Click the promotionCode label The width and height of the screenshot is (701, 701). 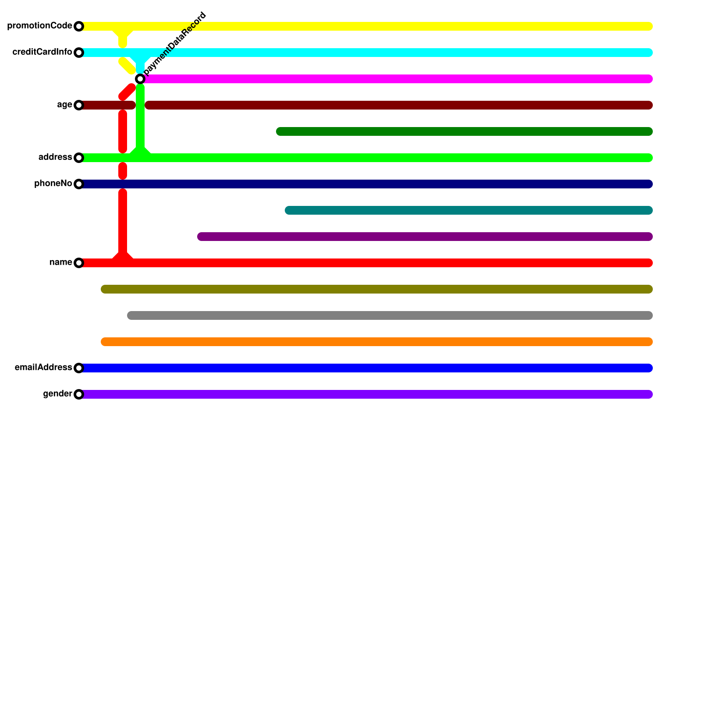(39, 26)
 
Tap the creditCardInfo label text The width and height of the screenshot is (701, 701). (42, 52)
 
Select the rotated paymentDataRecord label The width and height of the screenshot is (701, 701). (175, 43)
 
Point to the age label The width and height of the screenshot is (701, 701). (64, 105)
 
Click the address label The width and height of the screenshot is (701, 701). (55, 157)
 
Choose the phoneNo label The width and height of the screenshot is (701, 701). (53, 184)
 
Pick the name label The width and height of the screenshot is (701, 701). (60, 262)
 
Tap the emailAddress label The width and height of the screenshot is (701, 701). (43, 368)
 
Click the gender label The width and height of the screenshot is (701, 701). (57, 394)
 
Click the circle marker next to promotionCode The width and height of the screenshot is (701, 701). (79, 26)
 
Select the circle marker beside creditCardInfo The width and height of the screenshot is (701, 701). (79, 53)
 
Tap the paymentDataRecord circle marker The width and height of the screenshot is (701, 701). (140, 79)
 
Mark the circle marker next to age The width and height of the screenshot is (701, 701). (79, 105)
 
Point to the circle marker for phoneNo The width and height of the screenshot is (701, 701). (79, 184)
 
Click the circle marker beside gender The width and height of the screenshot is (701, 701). (79, 394)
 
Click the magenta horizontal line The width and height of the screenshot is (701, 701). (394, 79)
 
